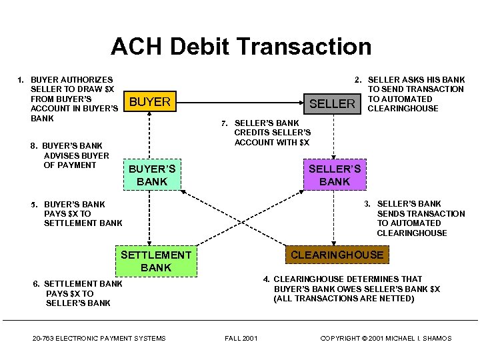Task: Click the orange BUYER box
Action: [150, 102]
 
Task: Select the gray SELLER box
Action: [332, 103]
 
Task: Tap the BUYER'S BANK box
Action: [152, 175]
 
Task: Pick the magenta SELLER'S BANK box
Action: [334, 175]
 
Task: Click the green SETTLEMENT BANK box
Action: [156, 261]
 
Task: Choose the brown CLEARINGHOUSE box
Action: [337, 255]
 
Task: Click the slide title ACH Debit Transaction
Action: [241, 47]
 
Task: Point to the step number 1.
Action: [20, 80]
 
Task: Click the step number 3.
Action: [367, 204]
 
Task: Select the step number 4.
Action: [266, 279]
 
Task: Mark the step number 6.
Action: [36, 284]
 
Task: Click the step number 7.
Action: [225, 123]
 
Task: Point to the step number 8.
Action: [34, 146]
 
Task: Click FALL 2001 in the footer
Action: [241, 338]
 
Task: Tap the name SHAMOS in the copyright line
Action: [437, 338]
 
